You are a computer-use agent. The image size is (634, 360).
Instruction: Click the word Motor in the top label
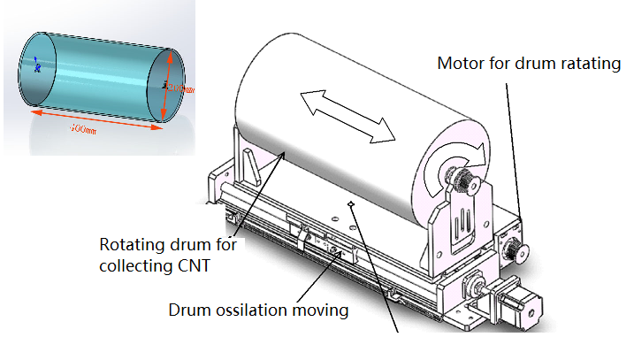(x=460, y=65)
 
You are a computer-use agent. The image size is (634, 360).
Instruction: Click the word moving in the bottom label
(x=324, y=310)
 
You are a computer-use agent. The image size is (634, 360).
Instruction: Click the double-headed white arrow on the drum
(x=345, y=115)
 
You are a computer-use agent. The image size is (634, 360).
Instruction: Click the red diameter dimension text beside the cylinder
(x=181, y=87)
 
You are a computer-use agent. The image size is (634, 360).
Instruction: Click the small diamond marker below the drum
(x=351, y=207)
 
